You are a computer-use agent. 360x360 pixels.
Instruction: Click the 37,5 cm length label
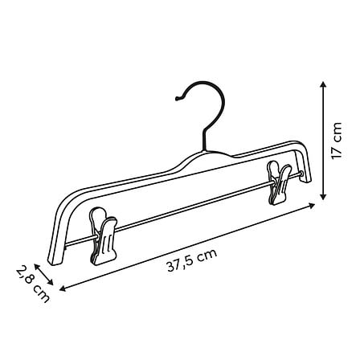(192, 260)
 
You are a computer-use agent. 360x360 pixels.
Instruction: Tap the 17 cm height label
(337, 141)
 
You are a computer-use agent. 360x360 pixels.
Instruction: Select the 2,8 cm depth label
(33, 284)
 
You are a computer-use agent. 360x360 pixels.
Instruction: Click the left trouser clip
(104, 236)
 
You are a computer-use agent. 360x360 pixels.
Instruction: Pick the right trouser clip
(279, 182)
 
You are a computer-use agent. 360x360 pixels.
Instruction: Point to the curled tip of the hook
(177, 99)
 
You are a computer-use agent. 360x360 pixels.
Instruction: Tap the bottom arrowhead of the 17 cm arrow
(324, 197)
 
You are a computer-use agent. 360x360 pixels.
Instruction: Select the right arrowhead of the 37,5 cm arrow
(312, 205)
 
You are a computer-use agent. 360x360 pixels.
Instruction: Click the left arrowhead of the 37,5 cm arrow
(63, 288)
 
